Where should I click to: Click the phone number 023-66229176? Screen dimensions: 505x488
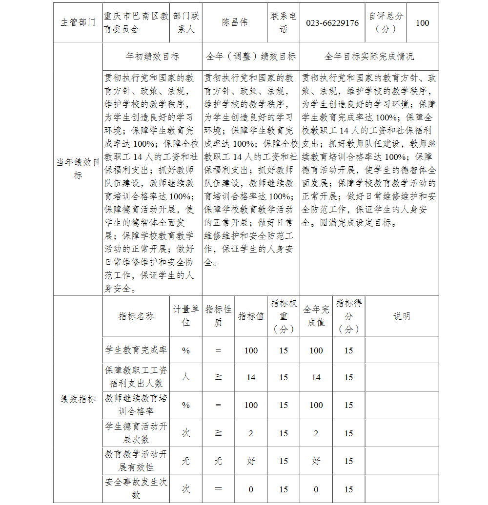coord(332,23)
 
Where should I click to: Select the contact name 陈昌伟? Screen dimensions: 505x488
coord(235,23)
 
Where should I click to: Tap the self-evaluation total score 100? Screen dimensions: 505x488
coord(422,23)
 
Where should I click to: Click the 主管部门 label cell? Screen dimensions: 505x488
coord(78,23)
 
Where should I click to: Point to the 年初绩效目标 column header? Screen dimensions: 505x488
coord(152,57)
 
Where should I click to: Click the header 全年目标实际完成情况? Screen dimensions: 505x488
coord(369,57)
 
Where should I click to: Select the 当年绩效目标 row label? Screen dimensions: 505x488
coord(78,169)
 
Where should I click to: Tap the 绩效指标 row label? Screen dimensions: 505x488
coord(78,399)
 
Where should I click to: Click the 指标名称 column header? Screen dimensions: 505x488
coord(136,316)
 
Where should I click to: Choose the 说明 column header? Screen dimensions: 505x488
coord(402,316)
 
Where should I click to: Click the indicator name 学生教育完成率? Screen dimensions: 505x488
coord(136,350)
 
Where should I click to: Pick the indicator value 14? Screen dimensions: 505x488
coord(251,377)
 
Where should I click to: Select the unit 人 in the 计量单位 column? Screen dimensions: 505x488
coord(186,377)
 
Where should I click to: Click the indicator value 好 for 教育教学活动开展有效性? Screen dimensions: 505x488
coord(251,461)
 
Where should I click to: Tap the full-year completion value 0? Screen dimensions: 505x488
coord(316,489)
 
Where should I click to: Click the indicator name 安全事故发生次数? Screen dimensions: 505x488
coord(136,489)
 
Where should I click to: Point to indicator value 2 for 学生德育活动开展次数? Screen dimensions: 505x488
coord(251,433)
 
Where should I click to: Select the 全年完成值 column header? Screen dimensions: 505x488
coord(316,316)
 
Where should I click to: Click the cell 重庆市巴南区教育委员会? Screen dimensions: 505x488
coord(136,23)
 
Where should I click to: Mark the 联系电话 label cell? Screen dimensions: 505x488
coord(284,23)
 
